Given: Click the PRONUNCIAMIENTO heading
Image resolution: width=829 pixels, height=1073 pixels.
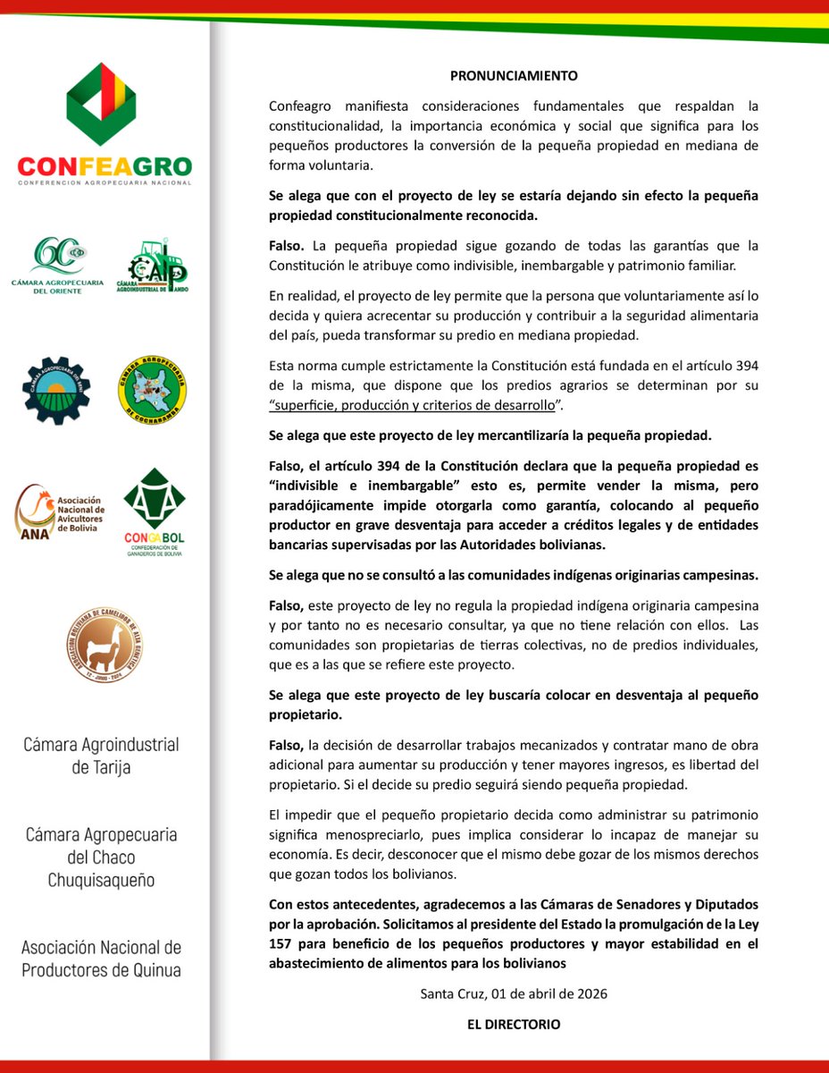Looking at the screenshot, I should tap(514, 75).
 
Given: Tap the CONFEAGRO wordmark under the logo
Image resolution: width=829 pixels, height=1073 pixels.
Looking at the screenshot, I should tap(105, 166).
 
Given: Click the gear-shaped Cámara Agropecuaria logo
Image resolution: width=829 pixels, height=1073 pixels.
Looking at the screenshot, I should tap(56, 390).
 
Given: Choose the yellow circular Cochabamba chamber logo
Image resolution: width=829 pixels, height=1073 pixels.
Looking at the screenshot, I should tap(153, 390).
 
